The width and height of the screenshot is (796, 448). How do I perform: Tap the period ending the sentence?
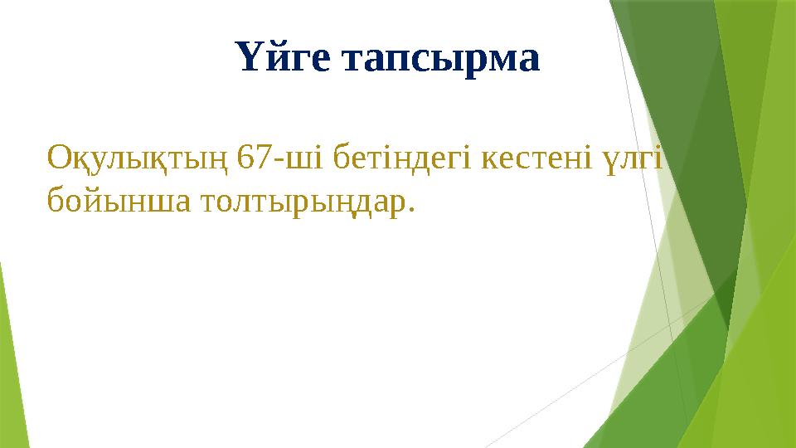tap(408, 211)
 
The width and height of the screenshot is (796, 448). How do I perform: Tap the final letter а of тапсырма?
tap(529, 61)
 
